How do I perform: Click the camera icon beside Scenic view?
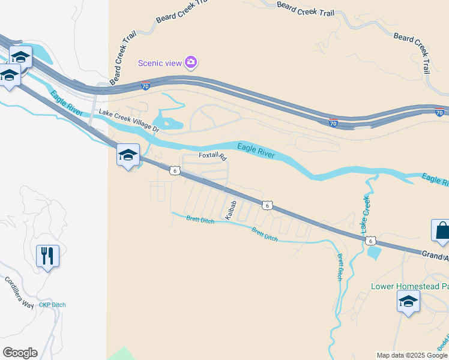coord(191,62)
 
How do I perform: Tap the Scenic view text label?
coord(160,62)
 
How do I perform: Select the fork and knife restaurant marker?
coord(47,256)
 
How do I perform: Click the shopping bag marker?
coord(441,232)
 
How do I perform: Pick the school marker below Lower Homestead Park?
coord(408,302)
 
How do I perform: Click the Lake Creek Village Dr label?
coord(128,121)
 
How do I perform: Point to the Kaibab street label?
coord(231,209)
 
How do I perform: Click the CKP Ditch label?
coord(52,305)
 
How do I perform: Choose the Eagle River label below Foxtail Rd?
coord(256,151)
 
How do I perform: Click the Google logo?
coord(20,353)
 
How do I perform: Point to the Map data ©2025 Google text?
coord(412,355)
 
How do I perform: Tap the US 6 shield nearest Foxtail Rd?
coord(174,171)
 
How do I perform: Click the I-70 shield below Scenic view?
coord(145,86)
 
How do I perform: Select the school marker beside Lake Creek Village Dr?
coord(128,155)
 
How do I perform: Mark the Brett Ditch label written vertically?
coord(339,267)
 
